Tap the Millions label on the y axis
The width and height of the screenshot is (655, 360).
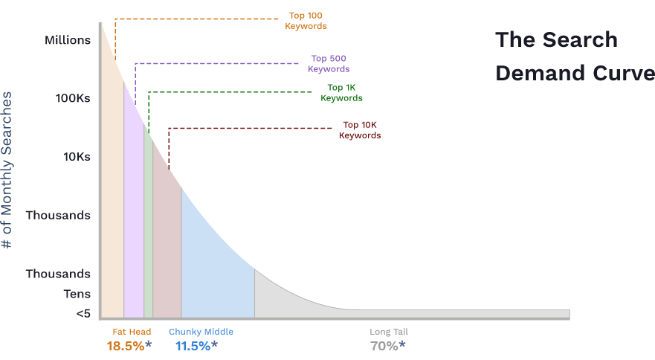tap(68, 40)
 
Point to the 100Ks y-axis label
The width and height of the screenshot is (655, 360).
tap(72, 98)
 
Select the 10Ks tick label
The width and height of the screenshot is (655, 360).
tap(77, 157)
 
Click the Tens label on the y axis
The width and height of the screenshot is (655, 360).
tap(77, 294)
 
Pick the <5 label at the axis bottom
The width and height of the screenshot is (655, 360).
tap(83, 314)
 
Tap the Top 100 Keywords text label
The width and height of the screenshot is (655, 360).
tap(306, 21)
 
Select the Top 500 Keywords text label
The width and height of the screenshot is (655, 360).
tap(329, 64)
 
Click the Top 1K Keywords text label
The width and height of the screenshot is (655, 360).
tap(341, 93)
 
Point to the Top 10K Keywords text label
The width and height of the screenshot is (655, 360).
tap(360, 130)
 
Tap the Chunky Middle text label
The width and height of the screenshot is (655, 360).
tap(201, 332)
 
